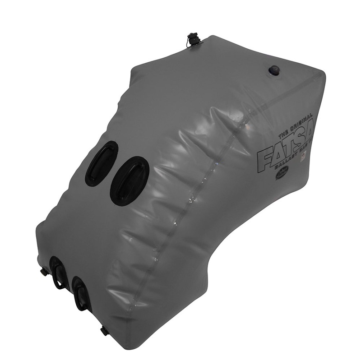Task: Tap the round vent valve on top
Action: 274,70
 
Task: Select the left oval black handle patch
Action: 101,163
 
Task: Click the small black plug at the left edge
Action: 43,272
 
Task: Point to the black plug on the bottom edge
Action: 104,332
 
